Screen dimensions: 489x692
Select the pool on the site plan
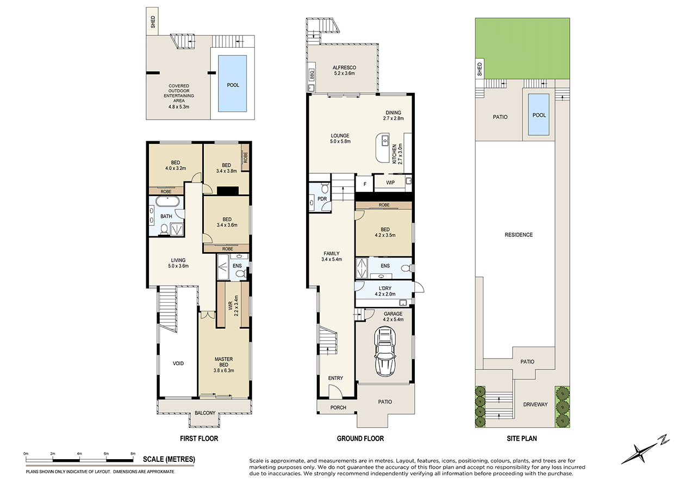pyautogui.click(x=539, y=115)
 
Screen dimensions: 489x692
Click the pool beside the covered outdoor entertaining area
pyautogui.click(x=232, y=85)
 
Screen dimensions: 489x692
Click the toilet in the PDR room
pyautogui.click(x=324, y=189)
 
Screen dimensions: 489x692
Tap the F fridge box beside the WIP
pyautogui.click(x=364, y=183)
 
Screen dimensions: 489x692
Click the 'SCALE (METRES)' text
pyautogui.click(x=169, y=460)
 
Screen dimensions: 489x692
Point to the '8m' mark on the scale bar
pyautogui.click(x=133, y=453)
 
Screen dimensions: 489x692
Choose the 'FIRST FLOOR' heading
pyautogui.click(x=200, y=438)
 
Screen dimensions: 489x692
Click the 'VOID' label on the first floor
pyautogui.click(x=178, y=363)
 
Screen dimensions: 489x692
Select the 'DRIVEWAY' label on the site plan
pyautogui.click(x=534, y=405)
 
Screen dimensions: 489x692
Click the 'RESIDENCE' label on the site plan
pyautogui.click(x=519, y=235)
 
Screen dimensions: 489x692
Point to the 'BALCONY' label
pyautogui.click(x=205, y=413)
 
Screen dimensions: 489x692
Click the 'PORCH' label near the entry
pyautogui.click(x=338, y=407)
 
